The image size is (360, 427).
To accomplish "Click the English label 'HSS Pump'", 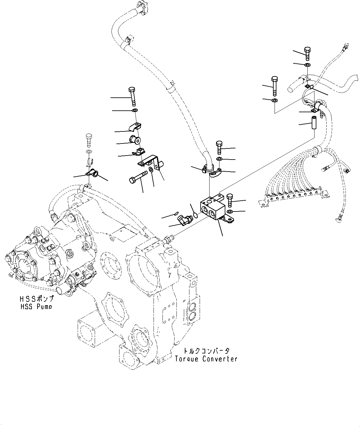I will [36, 306].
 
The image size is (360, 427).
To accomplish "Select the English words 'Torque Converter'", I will [206, 359].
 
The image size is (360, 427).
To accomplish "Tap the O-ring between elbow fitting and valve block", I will [195, 214].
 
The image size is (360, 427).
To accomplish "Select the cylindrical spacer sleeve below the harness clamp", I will [314, 123].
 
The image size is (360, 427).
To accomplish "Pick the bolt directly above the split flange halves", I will [219, 147].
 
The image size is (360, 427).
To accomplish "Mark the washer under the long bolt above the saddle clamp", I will [134, 111].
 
